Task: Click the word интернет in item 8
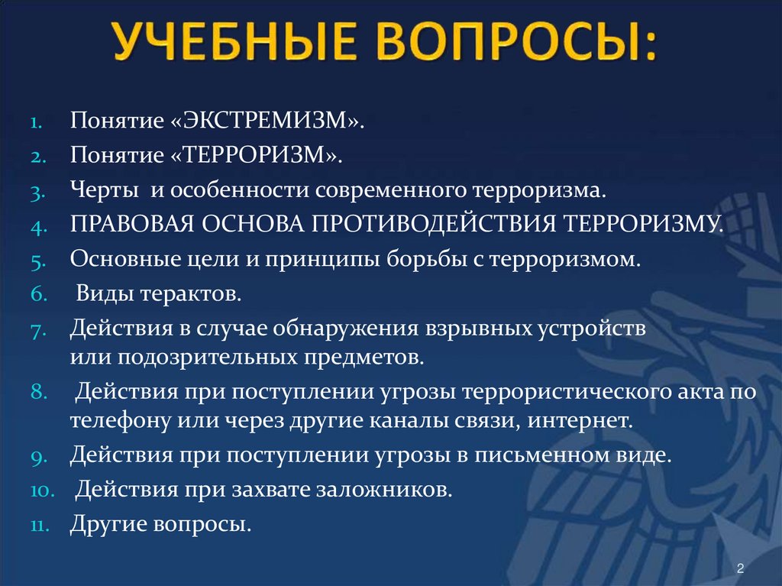581,420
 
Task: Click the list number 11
39,526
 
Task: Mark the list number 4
40,225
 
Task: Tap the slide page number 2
740,568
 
